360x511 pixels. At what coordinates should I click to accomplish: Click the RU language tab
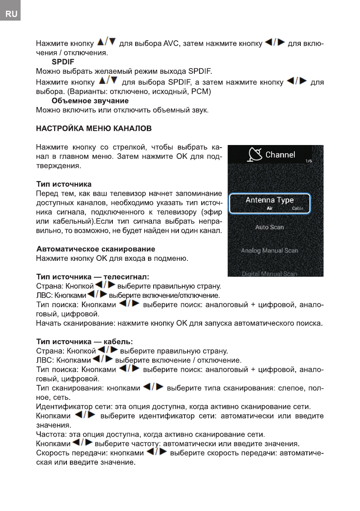11,14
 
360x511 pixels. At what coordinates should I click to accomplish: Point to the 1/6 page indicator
309,161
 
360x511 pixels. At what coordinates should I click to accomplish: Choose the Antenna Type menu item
269,200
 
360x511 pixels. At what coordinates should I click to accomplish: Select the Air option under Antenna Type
269,209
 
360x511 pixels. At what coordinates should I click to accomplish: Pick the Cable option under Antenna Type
297,209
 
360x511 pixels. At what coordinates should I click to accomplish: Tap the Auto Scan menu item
269,227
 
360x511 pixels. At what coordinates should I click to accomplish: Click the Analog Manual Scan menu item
269,251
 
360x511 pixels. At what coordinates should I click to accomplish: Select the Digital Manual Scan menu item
269,274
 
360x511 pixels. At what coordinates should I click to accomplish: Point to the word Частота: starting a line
52,434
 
